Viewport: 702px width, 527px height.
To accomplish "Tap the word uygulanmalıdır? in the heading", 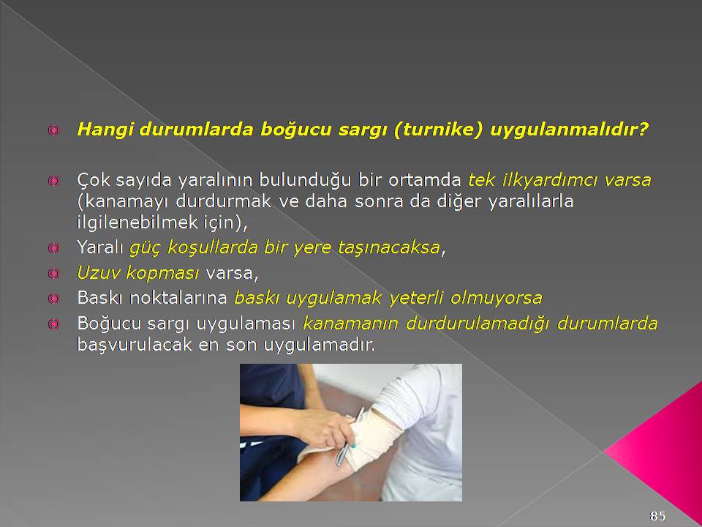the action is click(x=570, y=130).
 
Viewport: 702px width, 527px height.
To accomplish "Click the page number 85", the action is click(x=657, y=516).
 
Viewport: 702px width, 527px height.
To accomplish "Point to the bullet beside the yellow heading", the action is click(x=53, y=130).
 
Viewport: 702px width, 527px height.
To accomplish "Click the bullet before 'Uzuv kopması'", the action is click(x=53, y=273).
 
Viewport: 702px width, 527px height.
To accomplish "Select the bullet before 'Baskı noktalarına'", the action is click(x=53, y=299).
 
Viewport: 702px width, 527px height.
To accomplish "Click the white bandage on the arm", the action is click(x=374, y=437).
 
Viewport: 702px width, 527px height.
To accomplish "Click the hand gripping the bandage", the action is click(x=325, y=429).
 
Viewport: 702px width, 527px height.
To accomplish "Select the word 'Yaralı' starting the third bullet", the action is click(x=100, y=247).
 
